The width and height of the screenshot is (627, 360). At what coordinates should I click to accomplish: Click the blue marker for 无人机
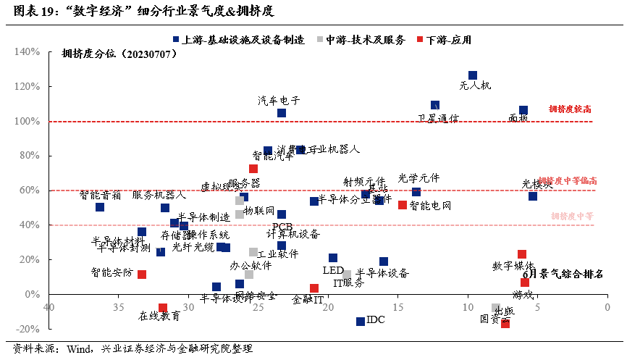473,75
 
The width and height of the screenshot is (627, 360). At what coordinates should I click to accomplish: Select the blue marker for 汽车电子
282,113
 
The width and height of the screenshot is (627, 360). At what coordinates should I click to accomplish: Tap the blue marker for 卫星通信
435,106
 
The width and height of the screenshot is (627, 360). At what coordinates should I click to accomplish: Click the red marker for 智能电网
403,205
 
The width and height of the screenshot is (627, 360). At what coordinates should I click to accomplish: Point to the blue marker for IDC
361,321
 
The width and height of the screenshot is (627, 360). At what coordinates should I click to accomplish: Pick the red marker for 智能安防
142,275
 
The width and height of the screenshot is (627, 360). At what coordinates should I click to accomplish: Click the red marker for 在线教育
163,308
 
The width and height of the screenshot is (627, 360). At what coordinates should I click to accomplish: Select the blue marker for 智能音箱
100,207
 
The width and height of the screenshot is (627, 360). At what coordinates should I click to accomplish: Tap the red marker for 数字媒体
521,254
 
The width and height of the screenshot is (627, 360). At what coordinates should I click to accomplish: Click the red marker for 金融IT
314,288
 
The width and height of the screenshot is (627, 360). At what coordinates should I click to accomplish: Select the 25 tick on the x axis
259,307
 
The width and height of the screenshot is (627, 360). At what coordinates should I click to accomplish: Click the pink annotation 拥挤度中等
572,216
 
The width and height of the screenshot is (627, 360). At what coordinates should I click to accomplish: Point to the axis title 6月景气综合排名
563,275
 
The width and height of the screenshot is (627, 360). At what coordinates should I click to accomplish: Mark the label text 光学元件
418,178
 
